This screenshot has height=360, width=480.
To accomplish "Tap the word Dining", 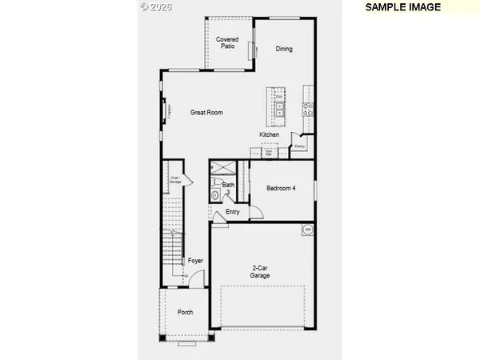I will (x=284, y=49).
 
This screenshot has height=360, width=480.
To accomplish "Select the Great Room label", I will (x=206, y=113).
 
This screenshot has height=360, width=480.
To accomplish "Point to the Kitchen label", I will (x=269, y=134).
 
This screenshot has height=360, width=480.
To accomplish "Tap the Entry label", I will (x=233, y=212).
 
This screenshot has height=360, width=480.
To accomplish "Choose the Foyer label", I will (x=196, y=261).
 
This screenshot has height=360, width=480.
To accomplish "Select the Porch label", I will (x=185, y=312).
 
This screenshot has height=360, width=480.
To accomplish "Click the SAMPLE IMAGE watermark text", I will (x=403, y=6).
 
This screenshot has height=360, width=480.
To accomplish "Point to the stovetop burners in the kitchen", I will (x=307, y=108).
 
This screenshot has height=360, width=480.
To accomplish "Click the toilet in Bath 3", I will (x=215, y=195).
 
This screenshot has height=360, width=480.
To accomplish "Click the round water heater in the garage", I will (x=306, y=230).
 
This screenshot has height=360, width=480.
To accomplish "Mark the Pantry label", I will (x=299, y=146).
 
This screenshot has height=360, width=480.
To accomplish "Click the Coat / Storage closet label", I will (x=175, y=181).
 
